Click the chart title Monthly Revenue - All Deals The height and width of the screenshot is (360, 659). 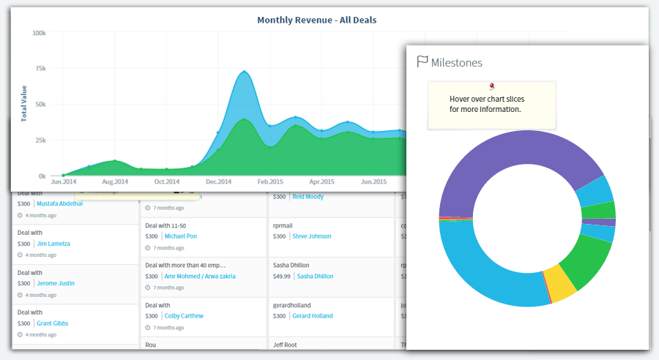(317, 20)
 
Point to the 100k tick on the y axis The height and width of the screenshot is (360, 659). (39, 34)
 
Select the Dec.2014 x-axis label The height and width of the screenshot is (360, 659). (218, 181)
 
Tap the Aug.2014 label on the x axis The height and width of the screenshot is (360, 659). (114, 181)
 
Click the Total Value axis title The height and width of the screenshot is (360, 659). (24, 105)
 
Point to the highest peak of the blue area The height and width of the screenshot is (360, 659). (244, 72)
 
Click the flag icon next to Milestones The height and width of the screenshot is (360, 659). (422, 62)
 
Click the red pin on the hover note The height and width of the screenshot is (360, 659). (491, 86)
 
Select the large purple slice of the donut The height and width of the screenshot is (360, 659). (513, 165)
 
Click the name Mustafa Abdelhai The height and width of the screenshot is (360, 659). (59, 204)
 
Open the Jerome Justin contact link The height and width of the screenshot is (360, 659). (56, 283)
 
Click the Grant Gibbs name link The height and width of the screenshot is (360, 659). (53, 323)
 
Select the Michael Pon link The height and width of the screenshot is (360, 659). (180, 237)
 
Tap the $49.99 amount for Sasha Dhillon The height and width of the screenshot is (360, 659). (281, 277)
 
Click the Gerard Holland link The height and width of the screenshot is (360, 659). (312, 316)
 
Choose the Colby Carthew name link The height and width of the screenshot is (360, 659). (184, 316)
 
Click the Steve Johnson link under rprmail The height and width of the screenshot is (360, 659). (311, 237)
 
